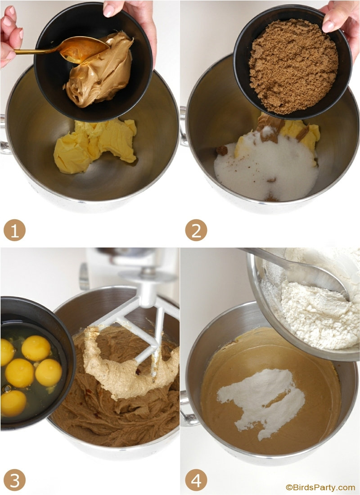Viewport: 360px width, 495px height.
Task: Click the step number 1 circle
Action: (x=14, y=230)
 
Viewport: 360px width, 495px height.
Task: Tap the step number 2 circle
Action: (x=196, y=230)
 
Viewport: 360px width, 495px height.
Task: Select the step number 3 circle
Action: (x=14, y=480)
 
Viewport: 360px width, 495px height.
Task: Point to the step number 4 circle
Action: (x=196, y=480)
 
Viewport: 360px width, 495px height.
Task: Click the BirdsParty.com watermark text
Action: (x=320, y=487)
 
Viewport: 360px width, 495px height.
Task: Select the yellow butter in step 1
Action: (x=95, y=145)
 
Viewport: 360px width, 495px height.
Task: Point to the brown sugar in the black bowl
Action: (x=293, y=66)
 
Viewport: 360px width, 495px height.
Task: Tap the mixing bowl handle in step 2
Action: (x=184, y=126)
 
